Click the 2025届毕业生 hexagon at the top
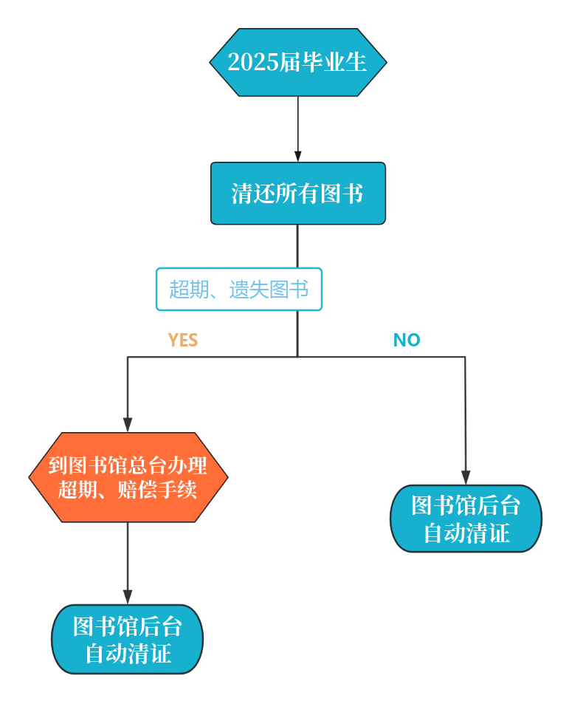[297, 63]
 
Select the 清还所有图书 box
[297, 194]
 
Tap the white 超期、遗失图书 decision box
[238, 289]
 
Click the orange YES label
[182, 340]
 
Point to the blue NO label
[407, 340]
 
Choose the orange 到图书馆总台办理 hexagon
[128, 477]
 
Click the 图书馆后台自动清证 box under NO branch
[466, 519]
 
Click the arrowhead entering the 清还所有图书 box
[298, 156]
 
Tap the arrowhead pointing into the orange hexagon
[128, 425]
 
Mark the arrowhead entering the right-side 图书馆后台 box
[466, 477]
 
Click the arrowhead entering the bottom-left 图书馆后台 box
[128, 597]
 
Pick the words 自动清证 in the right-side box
[466, 533]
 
